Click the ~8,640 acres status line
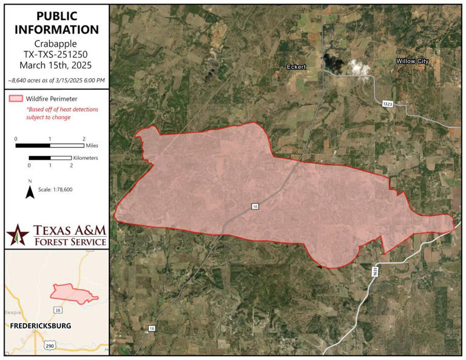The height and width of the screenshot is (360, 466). pos(56,80)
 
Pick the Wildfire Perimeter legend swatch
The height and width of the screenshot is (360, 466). pos(16,98)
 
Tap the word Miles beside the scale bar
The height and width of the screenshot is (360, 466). pos(92,146)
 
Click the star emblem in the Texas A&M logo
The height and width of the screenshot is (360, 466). pos(18,234)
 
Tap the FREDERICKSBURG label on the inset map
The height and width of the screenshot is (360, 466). pos(41,326)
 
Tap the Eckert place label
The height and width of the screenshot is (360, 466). pos(297,66)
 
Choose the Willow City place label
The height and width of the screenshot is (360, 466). pos(413,61)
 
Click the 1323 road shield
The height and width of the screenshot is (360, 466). pos(387,104)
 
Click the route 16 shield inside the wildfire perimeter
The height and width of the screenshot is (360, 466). pos(255,207)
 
